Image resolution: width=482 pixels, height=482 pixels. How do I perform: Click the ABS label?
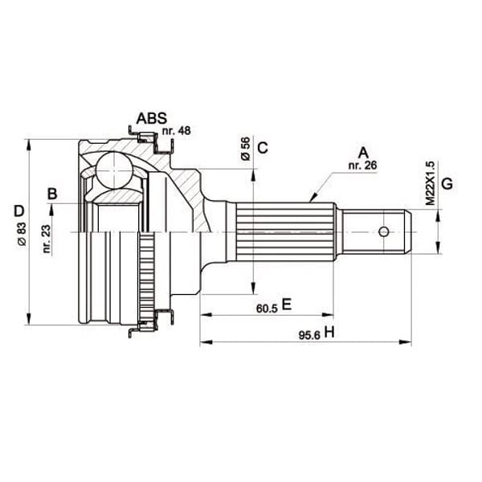(x=152, y=119)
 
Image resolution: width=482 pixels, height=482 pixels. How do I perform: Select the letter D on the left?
(x=18, y=212)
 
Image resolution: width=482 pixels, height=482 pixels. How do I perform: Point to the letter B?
(x=52, y=194)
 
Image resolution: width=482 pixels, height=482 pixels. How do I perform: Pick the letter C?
(x=262, y=147)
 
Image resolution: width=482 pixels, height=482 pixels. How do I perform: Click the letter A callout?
(x=362, y=153)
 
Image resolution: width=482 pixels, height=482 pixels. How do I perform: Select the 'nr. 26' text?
(x=363, y=165)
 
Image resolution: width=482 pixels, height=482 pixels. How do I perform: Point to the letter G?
(x=447, y=182)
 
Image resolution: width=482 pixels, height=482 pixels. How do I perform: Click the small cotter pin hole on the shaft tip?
(x=384, y=232)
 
